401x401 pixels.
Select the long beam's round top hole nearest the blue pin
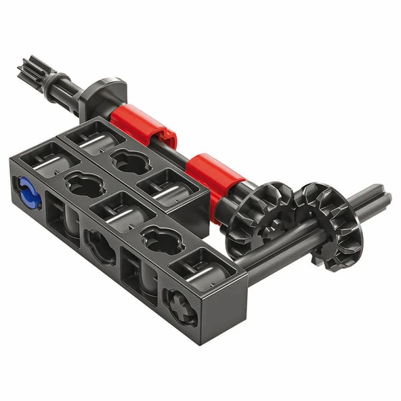[80, 184]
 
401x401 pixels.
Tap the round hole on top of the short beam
[128, 161]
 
